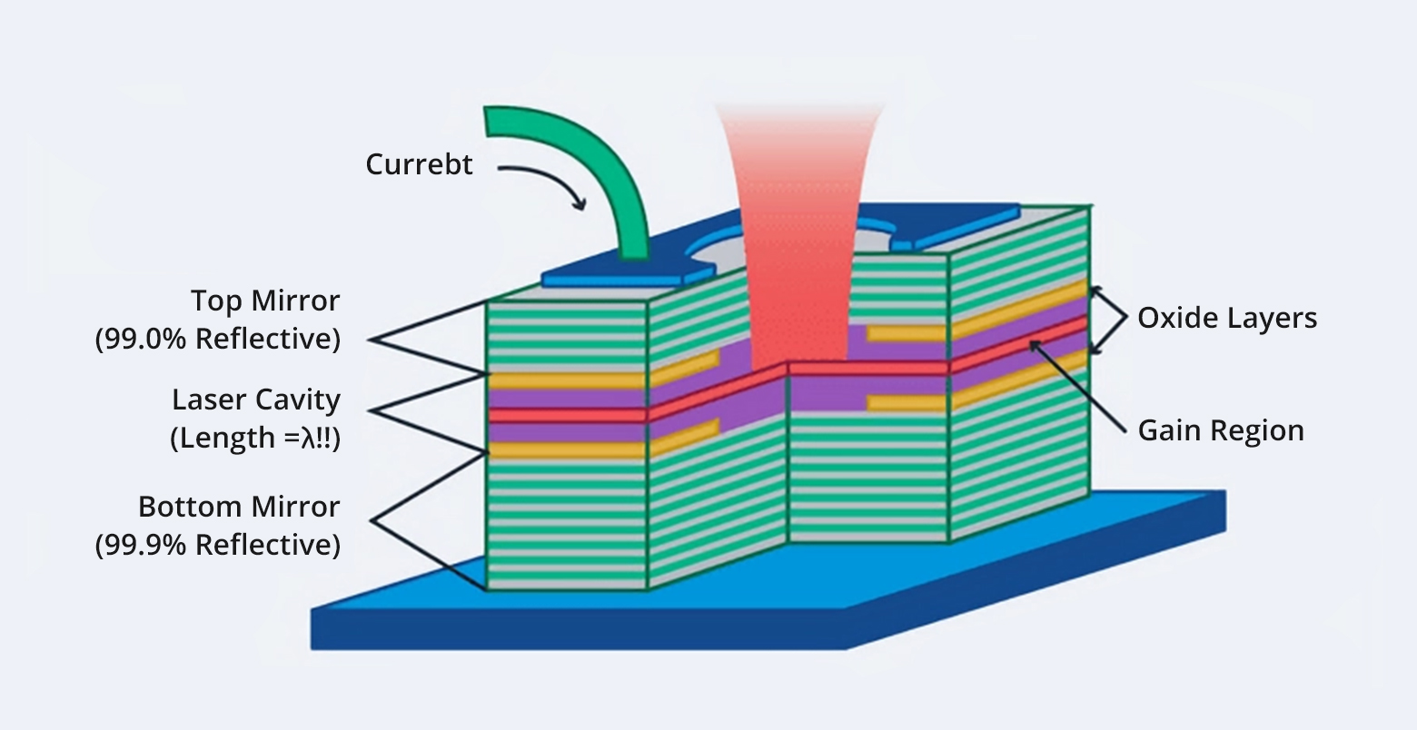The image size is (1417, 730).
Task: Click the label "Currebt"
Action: pyautogui.click(x=419, y=164)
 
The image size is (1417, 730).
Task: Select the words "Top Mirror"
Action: pyautogui.click(x=265, y=301)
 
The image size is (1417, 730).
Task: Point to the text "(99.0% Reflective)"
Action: pyautogui.click(x=218, y=339)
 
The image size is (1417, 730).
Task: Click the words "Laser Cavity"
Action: pyautogui.click(x=256, y=400)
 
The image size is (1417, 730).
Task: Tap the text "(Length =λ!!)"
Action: pyautogui.click(x=254, y=438)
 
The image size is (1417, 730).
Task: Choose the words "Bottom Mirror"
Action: pyautogui.click(x=239, y=506)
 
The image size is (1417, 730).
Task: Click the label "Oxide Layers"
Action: pyautogui.click(x=1227, y=318)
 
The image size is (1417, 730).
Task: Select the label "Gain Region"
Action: pyautogui.click(x=1221, y=429)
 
